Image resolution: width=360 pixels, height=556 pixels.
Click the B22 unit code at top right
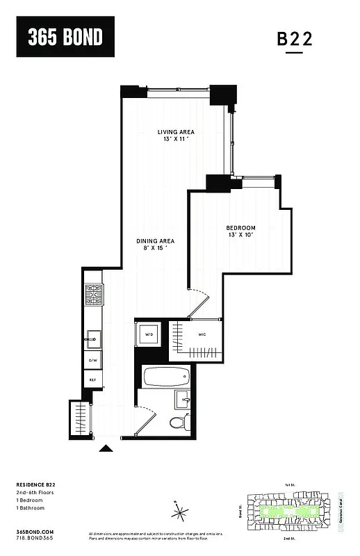295,40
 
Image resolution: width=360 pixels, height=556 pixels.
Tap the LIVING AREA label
175,132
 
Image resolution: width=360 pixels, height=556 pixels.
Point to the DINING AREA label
154,241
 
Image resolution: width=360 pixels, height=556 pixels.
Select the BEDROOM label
240,228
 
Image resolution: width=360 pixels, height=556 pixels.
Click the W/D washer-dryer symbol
148,335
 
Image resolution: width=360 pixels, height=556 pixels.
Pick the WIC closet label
202,334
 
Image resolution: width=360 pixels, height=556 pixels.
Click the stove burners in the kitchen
94,295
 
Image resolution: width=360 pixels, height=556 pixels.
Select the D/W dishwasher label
92,361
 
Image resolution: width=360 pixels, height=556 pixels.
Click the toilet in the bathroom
179,422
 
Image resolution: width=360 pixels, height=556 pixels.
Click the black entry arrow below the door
106,448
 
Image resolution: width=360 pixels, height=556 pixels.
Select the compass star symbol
180,512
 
